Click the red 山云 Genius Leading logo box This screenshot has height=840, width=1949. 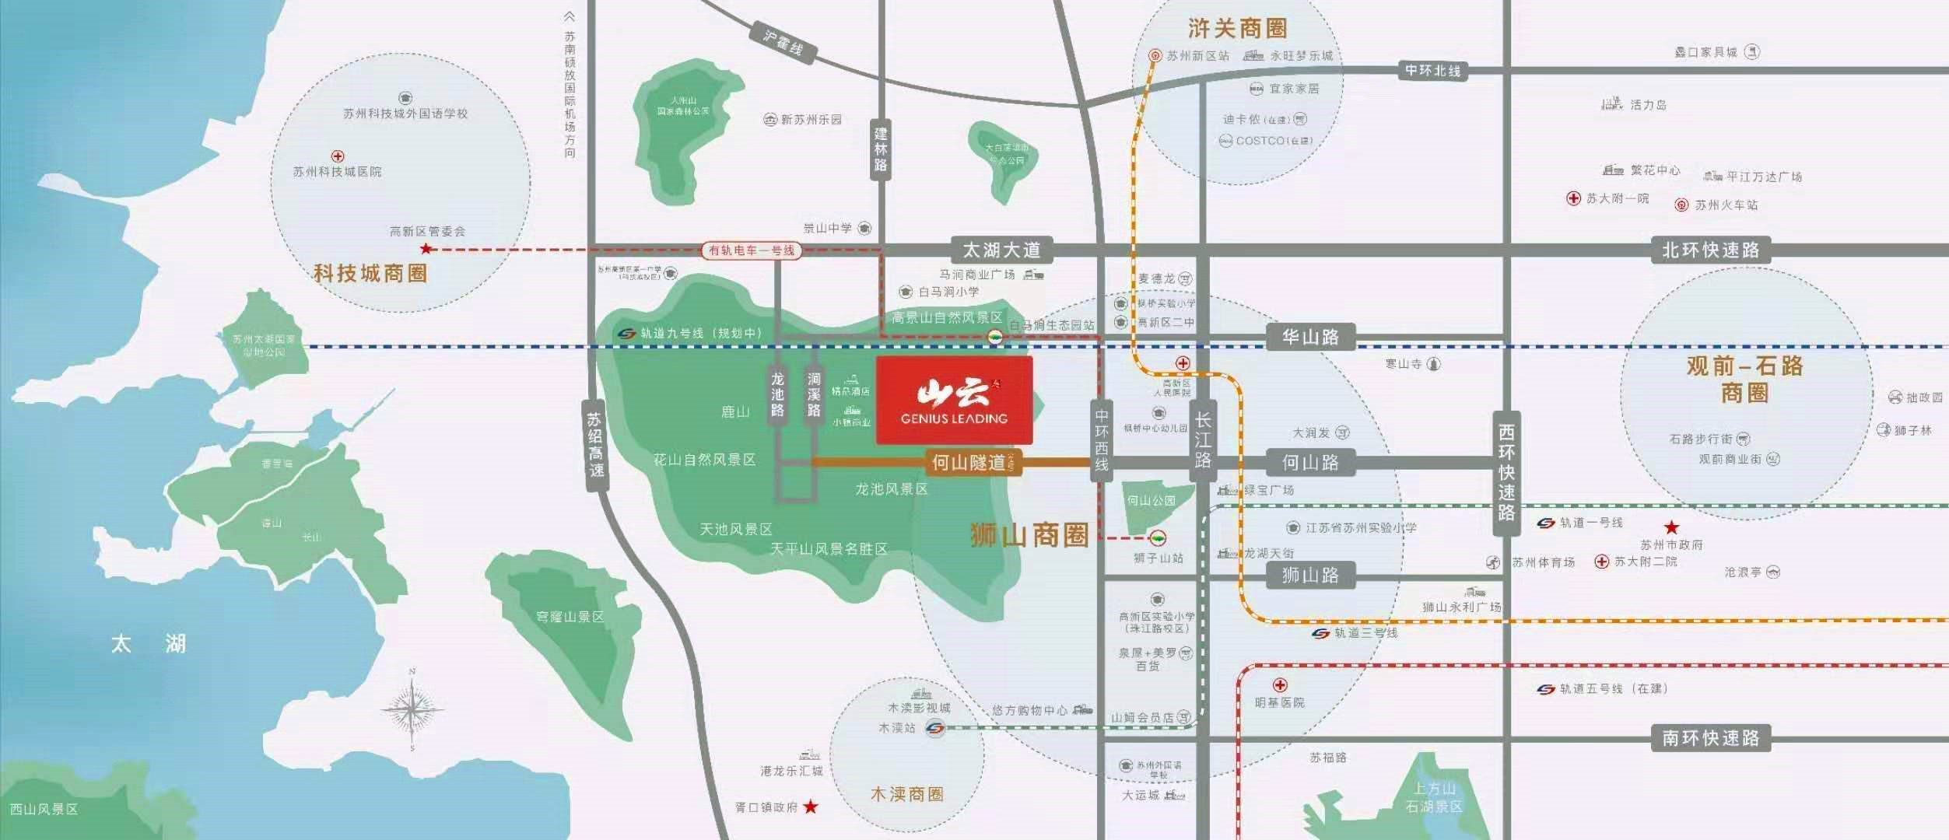tap(954, 401)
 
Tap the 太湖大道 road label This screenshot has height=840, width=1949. tap(1001, 250)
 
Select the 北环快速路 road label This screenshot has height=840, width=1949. tap(1710, 250)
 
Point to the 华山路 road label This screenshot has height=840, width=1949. tap(1310, 338)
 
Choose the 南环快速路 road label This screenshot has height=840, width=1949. tap(1710, 738)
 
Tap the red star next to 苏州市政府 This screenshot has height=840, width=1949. tap(1671, 527)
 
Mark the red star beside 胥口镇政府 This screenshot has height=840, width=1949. tap(811, 807)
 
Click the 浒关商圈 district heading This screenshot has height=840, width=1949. tap(1237, 29)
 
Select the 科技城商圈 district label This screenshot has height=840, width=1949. tap(370, 274)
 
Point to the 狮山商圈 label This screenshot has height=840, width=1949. tap(1029, 535)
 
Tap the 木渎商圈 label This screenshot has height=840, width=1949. tap(906, 794)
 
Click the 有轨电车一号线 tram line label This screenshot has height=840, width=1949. tap(752, 250)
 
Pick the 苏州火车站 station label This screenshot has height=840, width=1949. tap(1726, 205)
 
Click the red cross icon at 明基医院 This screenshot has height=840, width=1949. tap(1280, 685)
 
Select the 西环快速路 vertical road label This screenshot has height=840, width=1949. tap(1506, 472)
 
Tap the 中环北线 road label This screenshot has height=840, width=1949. tap(1432, 71)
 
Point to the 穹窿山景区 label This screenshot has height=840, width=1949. tap(570, 617)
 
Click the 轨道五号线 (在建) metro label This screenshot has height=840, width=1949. tap(1613, 689)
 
